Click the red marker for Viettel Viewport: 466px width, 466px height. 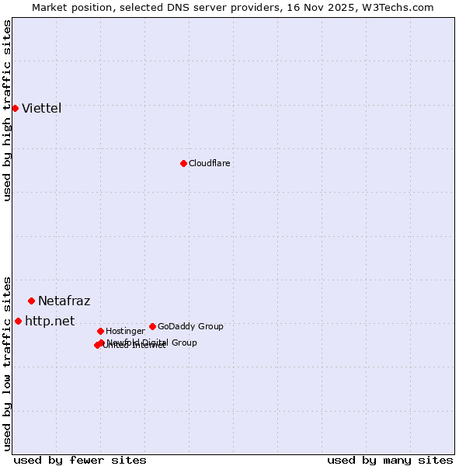click(x=15, y=108)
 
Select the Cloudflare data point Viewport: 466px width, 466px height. click(x=183, y=163)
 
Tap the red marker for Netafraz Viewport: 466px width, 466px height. click(x=31, y=301)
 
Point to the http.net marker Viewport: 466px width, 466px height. click(x=18, y=321)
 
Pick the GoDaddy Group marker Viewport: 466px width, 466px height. click(x=152, y=326)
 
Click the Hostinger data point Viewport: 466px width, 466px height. click(x=100, y=331)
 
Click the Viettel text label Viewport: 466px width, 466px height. click(x=42, y=108)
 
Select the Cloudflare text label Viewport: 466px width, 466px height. click(x=210, y=163)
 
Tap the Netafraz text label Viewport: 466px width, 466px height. click(x=64, y=301)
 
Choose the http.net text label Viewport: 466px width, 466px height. click(x=50, y=321)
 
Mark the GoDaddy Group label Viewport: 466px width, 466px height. click(x=190, y=326)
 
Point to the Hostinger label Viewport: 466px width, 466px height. click(x=125, y=331)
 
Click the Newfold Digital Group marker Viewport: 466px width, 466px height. click(x=102, y=343)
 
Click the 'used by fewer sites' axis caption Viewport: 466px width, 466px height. click(x=80, y=460)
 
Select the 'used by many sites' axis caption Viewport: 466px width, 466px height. click(x=390, y=460)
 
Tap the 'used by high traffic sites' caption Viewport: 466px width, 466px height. click(x=7, y=110)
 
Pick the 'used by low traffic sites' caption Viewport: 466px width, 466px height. click(x=7, y=363)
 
